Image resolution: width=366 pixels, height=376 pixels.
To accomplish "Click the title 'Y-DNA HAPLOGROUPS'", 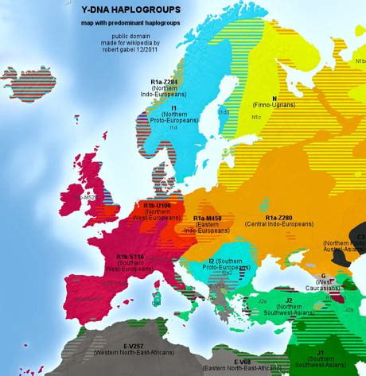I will tap(130, 10).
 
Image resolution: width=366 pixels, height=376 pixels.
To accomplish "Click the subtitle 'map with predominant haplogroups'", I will tap(130, 24).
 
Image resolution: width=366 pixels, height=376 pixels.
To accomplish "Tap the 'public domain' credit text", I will tap(130, 37).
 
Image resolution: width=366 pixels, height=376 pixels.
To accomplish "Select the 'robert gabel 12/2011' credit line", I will tap(130, 51).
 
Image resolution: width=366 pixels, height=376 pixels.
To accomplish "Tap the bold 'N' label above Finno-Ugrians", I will tap(274, 99).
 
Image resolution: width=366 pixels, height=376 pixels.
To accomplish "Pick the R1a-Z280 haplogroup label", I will tap(282, 218).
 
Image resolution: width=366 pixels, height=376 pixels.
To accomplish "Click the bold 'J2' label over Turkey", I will tap(289, 300).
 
